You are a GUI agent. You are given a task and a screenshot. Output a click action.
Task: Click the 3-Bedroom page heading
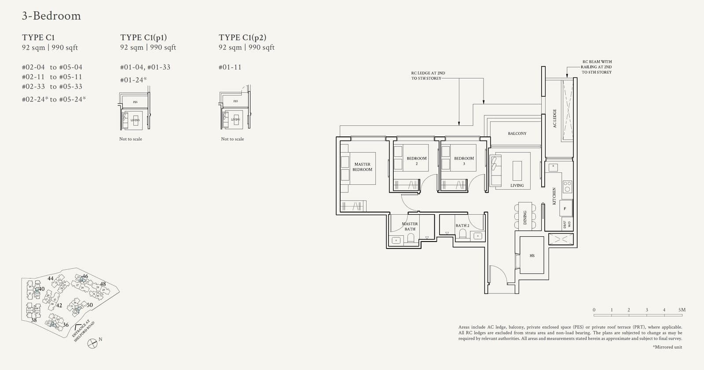[51, 16]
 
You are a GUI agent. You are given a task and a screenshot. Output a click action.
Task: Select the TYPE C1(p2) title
[242, 38]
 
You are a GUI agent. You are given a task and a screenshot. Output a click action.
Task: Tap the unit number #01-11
[230, 67]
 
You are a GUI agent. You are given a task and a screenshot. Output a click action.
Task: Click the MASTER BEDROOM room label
[362, 167]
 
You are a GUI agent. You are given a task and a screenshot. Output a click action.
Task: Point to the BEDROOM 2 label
[416, 161]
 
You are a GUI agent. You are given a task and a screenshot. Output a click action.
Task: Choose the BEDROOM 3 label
[464, 161]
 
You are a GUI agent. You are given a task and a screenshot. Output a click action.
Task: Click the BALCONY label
[517, 133]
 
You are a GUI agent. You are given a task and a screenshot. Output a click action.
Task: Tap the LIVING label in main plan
[517, 186]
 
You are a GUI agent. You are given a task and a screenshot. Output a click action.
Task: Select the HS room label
[532, 256]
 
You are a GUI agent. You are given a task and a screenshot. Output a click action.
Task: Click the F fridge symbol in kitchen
[565, 209]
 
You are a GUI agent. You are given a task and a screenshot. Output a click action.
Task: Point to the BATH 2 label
[462, 226]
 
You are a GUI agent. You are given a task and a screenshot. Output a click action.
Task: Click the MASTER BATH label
[410, 226]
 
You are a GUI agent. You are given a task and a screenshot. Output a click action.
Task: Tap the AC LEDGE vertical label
[554, 118]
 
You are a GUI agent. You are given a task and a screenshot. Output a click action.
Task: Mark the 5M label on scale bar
[682, 310]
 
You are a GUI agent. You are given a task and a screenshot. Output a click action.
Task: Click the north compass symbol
[92, 344]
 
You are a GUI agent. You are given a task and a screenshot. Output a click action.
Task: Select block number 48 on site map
[103, 284]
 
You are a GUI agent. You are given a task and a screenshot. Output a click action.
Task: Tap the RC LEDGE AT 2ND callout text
[428, 76]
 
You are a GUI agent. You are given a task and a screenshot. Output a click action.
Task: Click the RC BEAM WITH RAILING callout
[597, 67]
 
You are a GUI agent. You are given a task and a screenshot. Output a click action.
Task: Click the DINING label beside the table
[525, 217]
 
